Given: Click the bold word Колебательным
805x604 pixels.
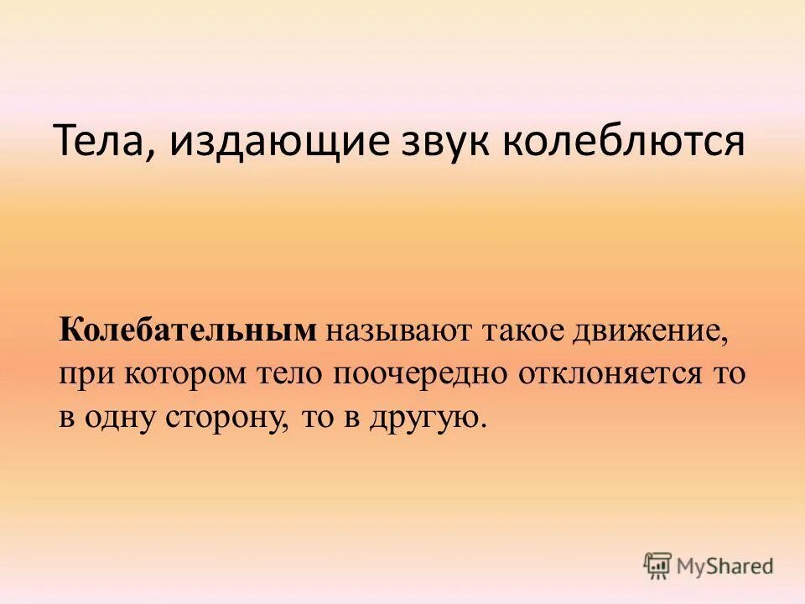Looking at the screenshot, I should coord(189,330).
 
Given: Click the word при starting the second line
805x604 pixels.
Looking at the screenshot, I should coord(88,375).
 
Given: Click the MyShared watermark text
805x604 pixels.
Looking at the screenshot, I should coord(727,567).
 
